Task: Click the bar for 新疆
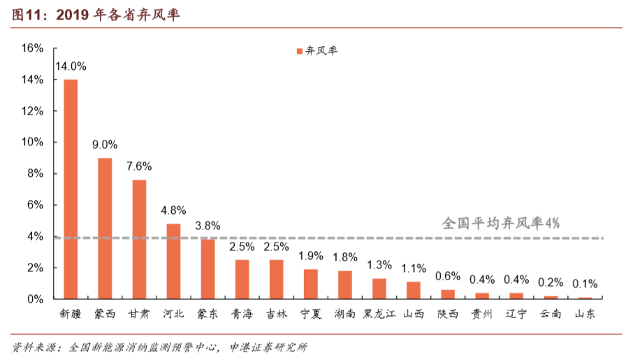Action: point(71,189)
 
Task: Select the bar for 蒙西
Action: point(105,229)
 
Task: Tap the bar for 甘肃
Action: point(139,239)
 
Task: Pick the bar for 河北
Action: point(173,261)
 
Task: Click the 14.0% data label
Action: point(71,66)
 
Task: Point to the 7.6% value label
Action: point(139,166)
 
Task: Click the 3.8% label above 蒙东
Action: point(208,226)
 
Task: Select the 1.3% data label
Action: point(379,265)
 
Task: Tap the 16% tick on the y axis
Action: point(33,48)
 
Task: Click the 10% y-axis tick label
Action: point(33,142)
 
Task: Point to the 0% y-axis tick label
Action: point(36,299)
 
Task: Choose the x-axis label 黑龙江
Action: point(379,314)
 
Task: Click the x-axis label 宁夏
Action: point(310,314)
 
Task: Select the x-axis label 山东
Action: point(584,314)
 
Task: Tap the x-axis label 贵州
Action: point(481,314)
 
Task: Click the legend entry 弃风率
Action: point(317,51)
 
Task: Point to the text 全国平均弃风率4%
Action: point(501,223)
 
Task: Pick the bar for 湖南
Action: point(344,285)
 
